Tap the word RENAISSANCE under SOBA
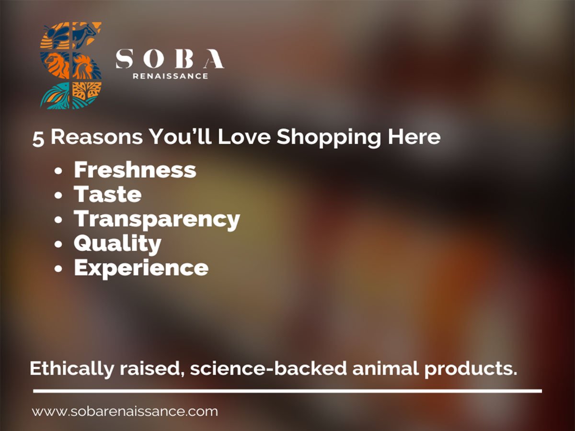[x=171, y=76]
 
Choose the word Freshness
[x=135, y=170]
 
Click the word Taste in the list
[x=107, y=194]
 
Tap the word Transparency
[x=157, y=219]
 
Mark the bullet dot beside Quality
[x=58, y=244]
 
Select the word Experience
[x=141, y=268]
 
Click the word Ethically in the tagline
[x=72, y=369]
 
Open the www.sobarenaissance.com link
[x=125, y=411]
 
